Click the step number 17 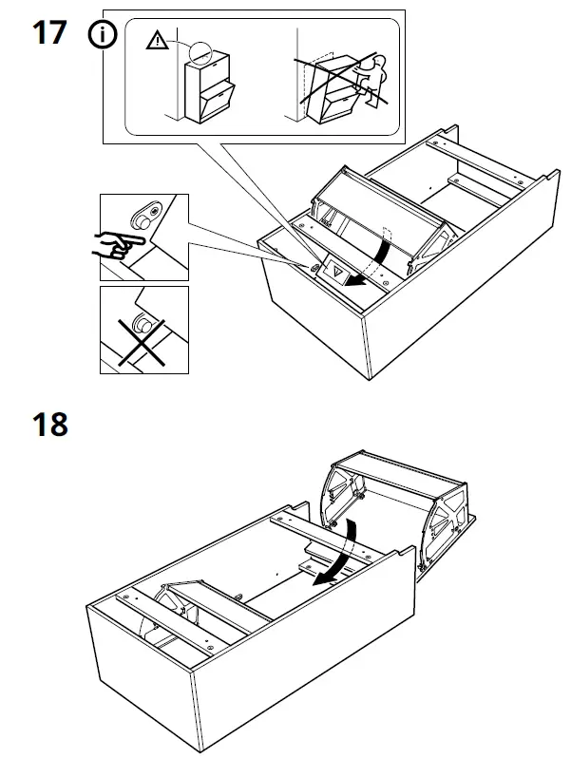pyautogui.click(x=48, y=32)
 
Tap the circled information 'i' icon pyautogui.click(x=102, y=36)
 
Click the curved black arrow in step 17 pyautogui.click(x=374, y=262)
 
